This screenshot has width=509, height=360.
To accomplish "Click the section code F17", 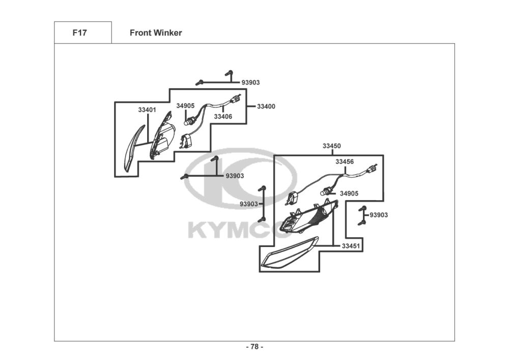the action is click(x=79, y=33).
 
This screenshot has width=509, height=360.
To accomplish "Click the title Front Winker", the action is click(x=155, y=33).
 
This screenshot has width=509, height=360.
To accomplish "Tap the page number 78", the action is click(x=254, y=347).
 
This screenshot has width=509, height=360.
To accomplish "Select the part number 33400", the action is click(x=266, y=106).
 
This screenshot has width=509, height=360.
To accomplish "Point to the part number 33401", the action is click(x=147, y=109).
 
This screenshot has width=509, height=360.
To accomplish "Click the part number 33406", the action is click(x=223, y=117).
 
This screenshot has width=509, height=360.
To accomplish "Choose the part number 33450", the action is click(x=332, y=146).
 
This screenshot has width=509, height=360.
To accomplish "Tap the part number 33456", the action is click(x=345, y=161).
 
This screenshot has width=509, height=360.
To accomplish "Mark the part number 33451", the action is click(x=351, y=246).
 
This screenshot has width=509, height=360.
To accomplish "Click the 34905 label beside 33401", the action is click(x=185, y=106).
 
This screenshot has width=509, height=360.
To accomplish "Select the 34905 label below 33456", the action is click(x=349, y=193).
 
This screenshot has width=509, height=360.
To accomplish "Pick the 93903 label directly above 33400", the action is click(x=250, y=82).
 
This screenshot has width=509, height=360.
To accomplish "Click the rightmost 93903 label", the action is click(x=379, y=215).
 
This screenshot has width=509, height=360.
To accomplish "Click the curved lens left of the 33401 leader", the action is click(x=134, y=148).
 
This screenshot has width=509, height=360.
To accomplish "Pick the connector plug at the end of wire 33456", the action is click(x=372, y=169).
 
